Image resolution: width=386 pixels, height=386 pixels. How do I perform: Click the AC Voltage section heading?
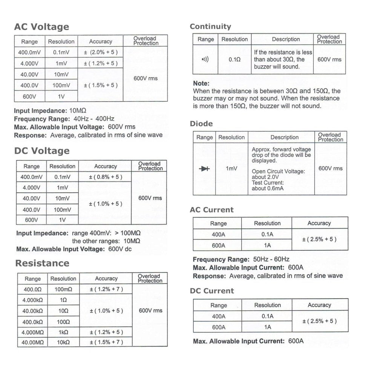pyautogui.click(x=41, y=27)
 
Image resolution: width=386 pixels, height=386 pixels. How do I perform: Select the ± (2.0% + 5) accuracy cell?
pyautogui.click(x=100, y=52)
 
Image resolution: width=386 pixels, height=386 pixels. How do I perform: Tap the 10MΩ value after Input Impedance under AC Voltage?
pyautogui.click(x=78, y=111)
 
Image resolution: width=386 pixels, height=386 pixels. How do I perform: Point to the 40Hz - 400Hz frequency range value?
pyautogui.click(x=94, y=119)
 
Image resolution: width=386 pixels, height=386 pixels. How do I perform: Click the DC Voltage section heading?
pyautogui.click(x=42, y=151)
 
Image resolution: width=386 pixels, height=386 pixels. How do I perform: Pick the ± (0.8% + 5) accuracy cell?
pyautogui.click(x=105, y=177)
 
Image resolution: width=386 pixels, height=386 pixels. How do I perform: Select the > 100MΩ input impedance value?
pyautogui.click(x=126, y=233)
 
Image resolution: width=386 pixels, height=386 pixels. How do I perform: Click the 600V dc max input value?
pyautogui.click(x=120, y=249)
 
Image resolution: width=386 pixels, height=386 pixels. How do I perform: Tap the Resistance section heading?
pyautogui.click(x=42, y=263)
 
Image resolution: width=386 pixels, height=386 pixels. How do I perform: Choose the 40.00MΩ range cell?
pyautogui.click(x=33, y=342)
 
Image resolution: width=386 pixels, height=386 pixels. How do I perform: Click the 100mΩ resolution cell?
pyautogui.click(x=63, y=289)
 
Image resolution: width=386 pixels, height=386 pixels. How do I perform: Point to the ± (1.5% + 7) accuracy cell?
pyautogui.click(x=106, y=342)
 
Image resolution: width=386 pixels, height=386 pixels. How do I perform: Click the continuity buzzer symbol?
pyautogui.click(x=205, y=60)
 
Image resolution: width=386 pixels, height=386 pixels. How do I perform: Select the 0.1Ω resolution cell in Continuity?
pyautogui.click(x=234, y=60)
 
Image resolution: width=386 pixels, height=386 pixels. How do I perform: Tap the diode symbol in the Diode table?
pyautogui.click(x=204, y=169)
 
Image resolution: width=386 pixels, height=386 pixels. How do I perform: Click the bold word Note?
pyautogui.click(x=201, y=83)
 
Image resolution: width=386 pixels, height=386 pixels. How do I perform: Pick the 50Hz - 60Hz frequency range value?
pyautogui.click(x=271, y=259)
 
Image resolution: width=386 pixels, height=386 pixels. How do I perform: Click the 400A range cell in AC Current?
pyautogui.click(x=218, y=234)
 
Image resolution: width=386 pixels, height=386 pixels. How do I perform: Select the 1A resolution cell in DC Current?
pyautogui.click(x=267, y=327)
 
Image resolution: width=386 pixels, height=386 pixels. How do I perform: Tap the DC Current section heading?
pyautogui.click(x=212, y=291)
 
